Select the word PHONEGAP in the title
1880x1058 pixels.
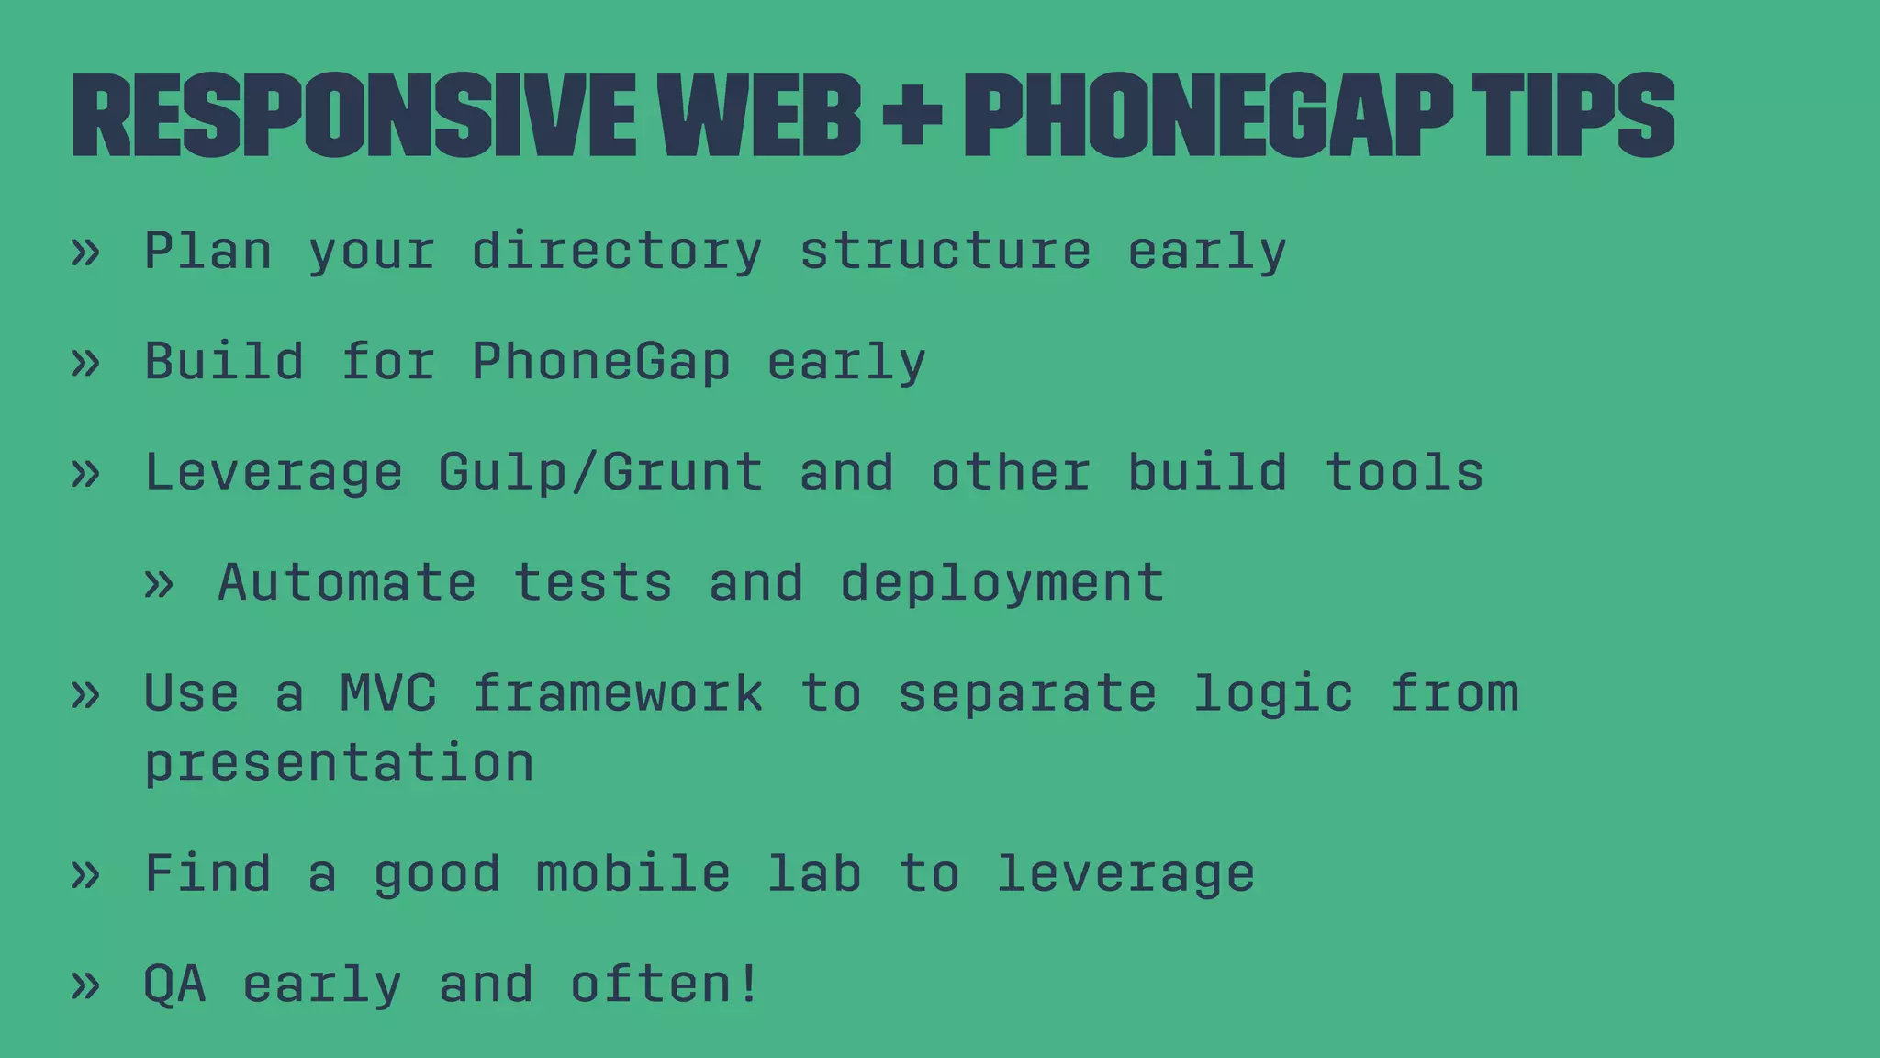[x=1208, y=115]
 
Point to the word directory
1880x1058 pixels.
[x=617, y=252]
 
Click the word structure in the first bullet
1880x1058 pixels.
[x=946, y=252]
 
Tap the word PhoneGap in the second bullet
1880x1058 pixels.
[x=601, y=362]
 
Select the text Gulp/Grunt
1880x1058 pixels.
[x=600, y=473]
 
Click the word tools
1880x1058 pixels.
[x=1404, y=472]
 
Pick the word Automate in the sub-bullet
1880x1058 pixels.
[x=347, y=582]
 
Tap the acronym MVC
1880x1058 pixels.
[x=388, y=692]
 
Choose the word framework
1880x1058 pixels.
[x=617, y=692]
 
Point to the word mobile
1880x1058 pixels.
[x=633, y=873]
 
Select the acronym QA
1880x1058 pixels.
[x=175, y=985]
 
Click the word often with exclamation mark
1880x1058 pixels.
[x=665, y=984]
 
